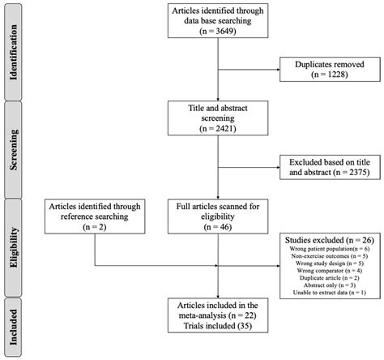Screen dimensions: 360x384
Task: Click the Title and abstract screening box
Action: pos(216,115)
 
